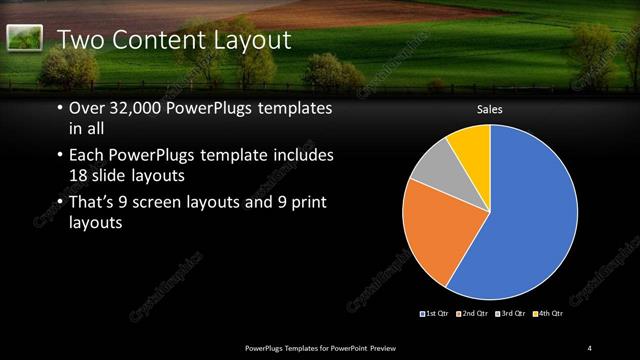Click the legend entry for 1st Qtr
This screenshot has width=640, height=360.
434,314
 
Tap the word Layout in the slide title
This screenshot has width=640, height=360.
252,40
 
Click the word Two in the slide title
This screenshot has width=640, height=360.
79,40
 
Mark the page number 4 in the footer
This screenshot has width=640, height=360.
589,348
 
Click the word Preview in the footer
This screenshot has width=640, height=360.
396,348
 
